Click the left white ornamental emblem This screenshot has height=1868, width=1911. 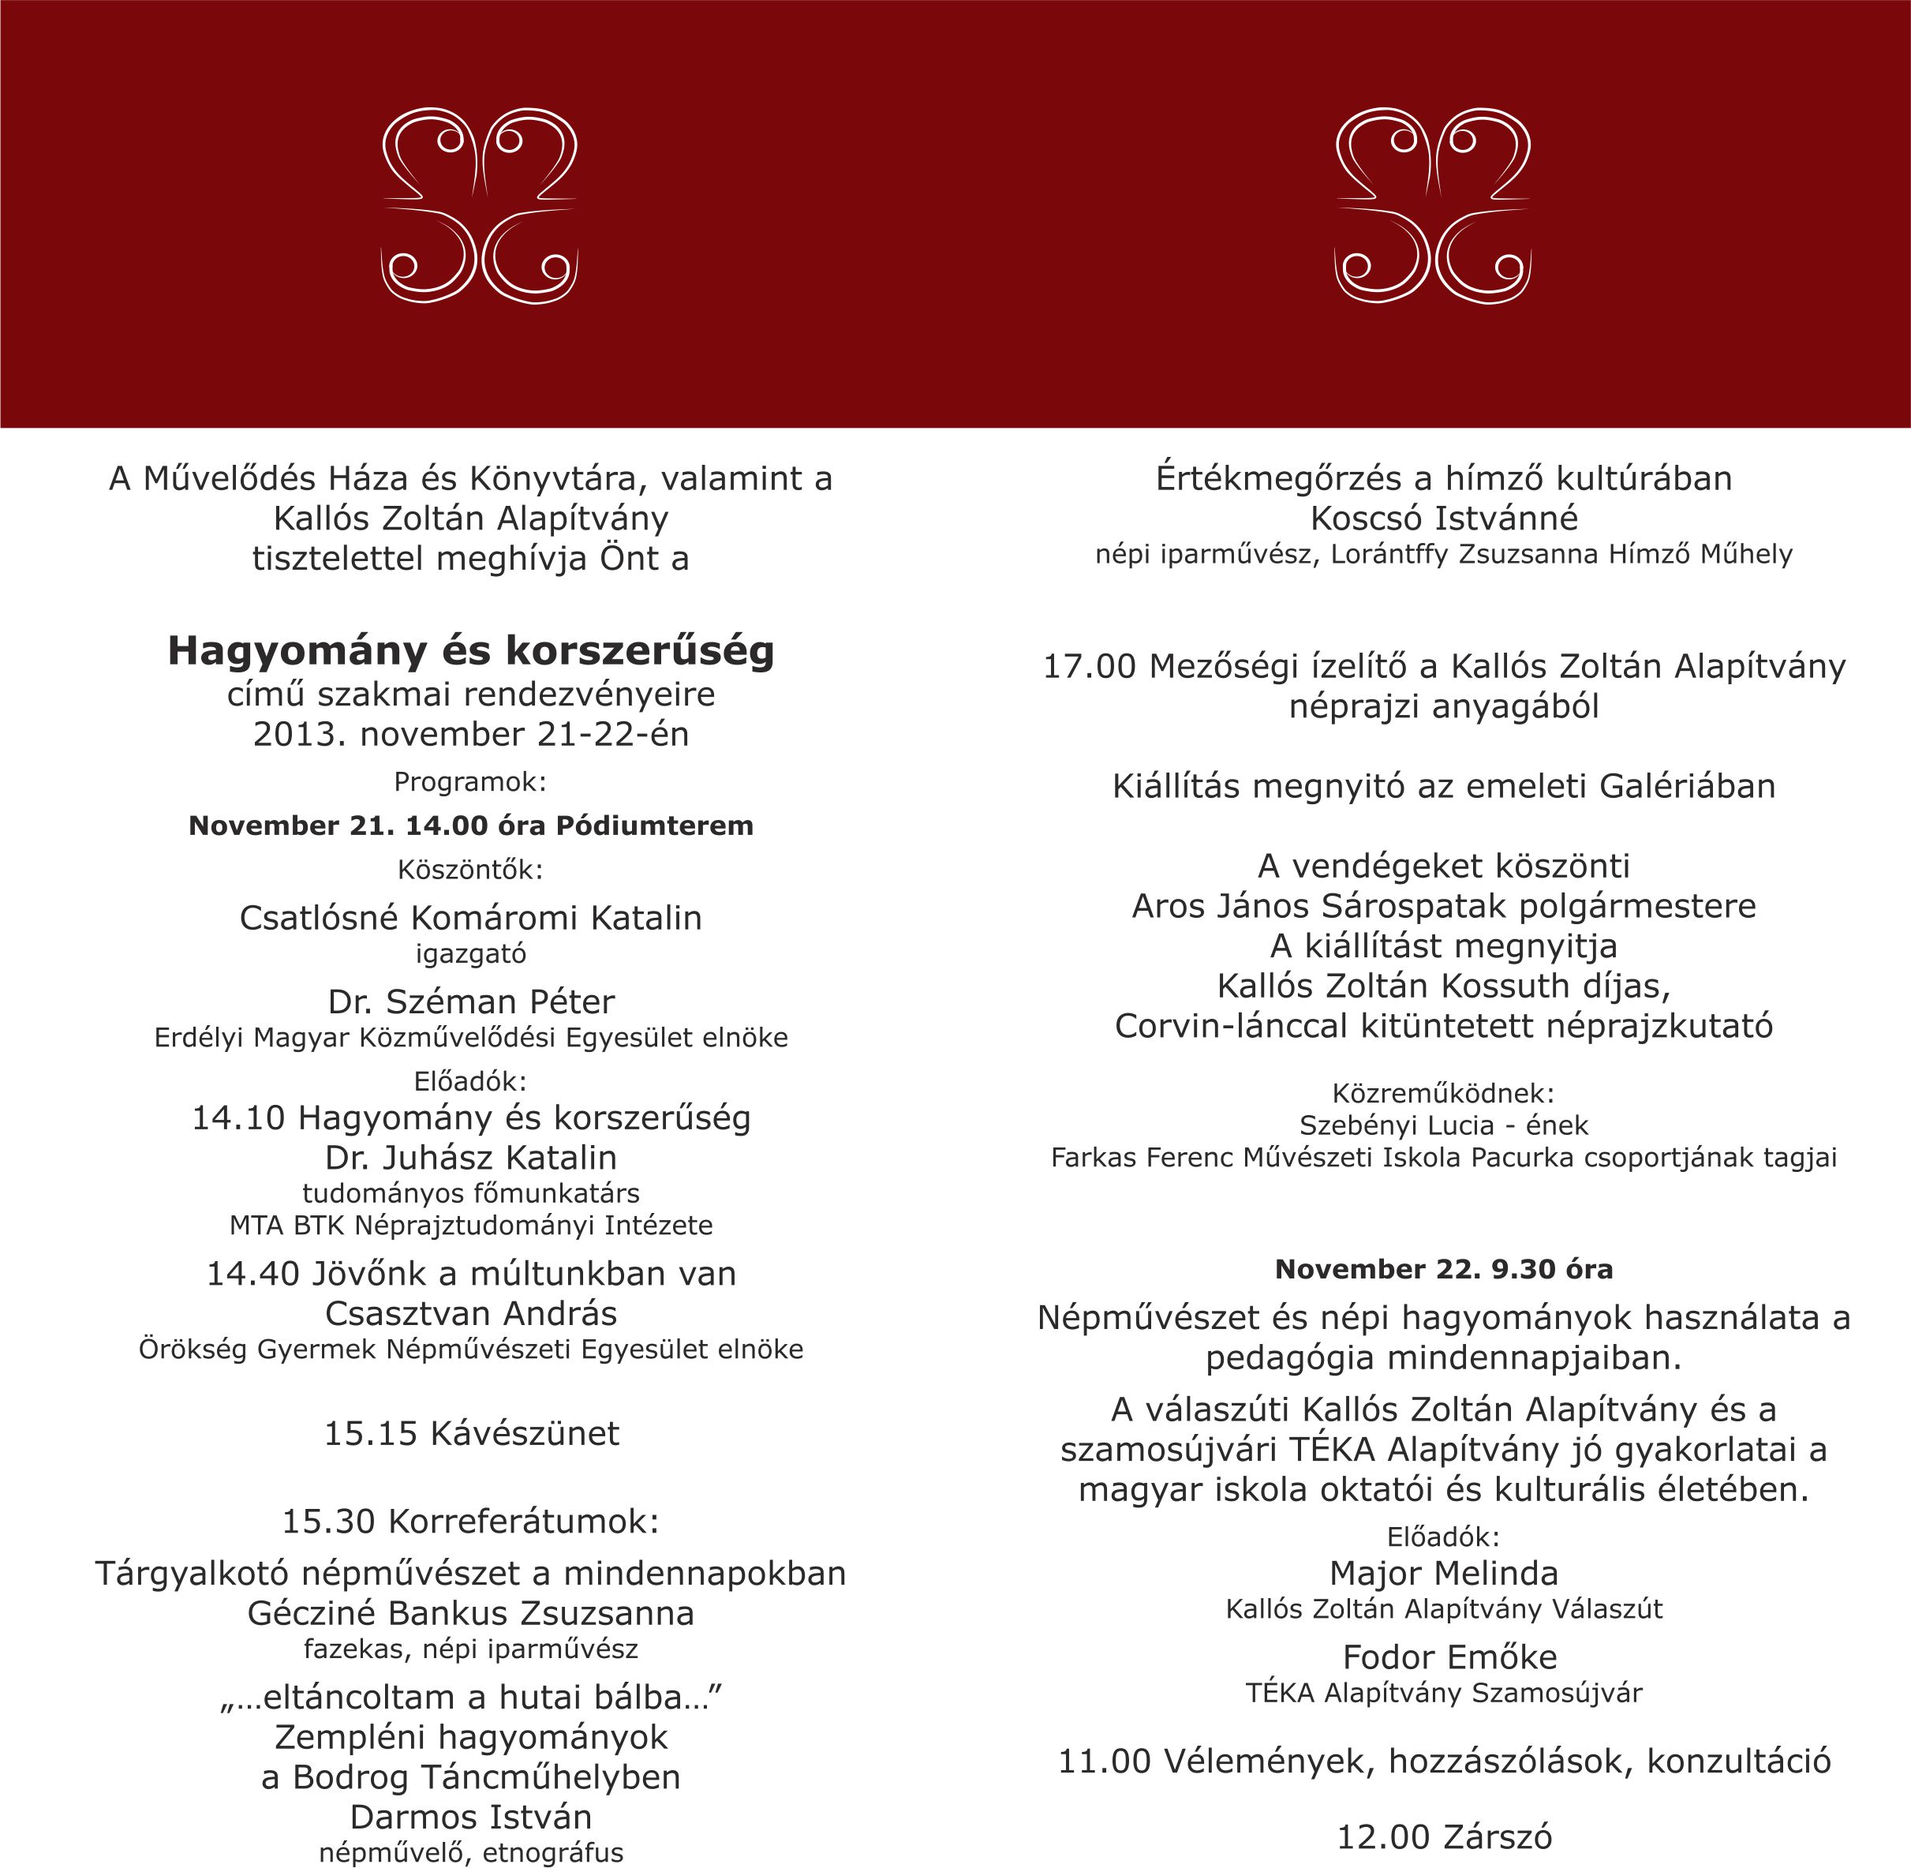(x=479, y=206)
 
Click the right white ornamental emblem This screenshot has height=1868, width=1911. (x=1432, y=206)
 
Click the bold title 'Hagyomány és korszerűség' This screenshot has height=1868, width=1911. (x=471, y=650)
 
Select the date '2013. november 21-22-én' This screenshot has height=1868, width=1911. (x=471, y=734)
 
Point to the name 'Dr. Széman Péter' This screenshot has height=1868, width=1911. (x=471, y=1001)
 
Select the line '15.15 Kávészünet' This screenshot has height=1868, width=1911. (x=471, y=1433)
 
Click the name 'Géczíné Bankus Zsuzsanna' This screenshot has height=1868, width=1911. (x=471, y=1613)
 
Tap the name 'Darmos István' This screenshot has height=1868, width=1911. (x=471, y=1817)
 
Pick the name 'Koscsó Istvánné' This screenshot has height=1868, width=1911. (x=1444, y=517)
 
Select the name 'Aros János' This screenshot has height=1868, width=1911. (x=1219, y=905)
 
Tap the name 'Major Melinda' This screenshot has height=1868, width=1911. (x=1444, y=1573)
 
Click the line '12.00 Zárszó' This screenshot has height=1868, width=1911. (x=1444, y=1836)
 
